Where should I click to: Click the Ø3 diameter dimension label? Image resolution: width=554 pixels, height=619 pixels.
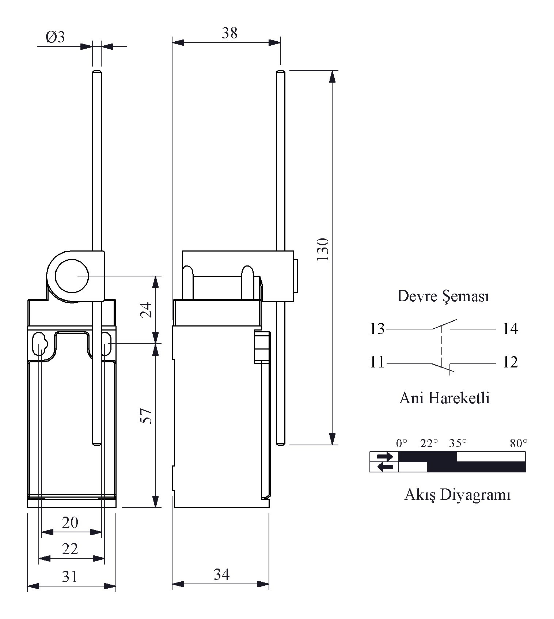pyautogui.click(x=55, y=37)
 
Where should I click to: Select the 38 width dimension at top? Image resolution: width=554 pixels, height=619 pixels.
pyautogui.click(x=229, y=33)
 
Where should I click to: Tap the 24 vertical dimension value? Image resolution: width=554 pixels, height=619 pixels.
pyautogui.click(x=146, y=310)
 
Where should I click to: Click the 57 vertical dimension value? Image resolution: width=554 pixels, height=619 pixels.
pyautogui.click(x=146, y=416)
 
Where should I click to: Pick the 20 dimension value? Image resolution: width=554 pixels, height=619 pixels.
pyautogui.click(x=70, y=523)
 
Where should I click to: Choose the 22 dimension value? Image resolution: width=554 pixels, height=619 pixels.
pyautogui.click(x=70, y=549)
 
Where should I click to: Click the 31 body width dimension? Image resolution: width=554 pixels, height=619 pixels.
pyautogui.click(x=70, y=577)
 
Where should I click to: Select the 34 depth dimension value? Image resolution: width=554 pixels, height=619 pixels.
pyautogui.click(x=222, y=574)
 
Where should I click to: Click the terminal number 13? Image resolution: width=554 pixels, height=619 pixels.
pyautogui.click(x=377, y=329)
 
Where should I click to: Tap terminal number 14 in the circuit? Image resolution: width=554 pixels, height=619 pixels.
pyautogui.click(x=510, y=329)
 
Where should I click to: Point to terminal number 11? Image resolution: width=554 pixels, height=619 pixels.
pyautogui.click(x=377, y=362)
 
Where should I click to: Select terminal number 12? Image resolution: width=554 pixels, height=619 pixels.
pyautogui.click(x=510, y=362)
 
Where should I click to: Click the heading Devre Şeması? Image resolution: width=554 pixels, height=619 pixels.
pyautogui.click(x=443, y=297)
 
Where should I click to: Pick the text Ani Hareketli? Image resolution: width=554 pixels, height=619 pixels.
pyautogui.click(x=444, y=398)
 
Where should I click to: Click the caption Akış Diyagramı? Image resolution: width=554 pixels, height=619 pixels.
pyautogui.click(x=457, y=495)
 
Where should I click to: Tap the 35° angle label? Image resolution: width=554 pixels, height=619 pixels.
pyautogui.click(x=458, y=444)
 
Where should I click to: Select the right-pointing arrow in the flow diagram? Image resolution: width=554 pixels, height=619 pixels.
pyautogui.click(x=385, y=457)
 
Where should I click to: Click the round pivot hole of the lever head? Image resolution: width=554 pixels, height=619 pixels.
pyautogui.click(x=72, y=276)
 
